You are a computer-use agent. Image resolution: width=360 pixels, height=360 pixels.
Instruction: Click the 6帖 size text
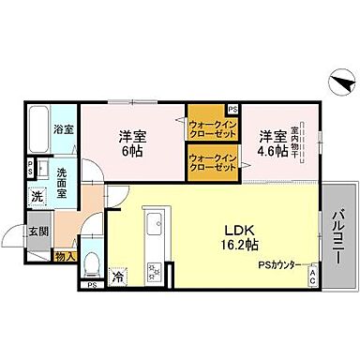(130, 152)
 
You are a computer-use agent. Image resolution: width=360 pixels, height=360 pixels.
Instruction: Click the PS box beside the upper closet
(232, 109)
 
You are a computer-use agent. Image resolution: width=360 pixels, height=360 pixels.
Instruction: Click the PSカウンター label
(279, 265)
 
